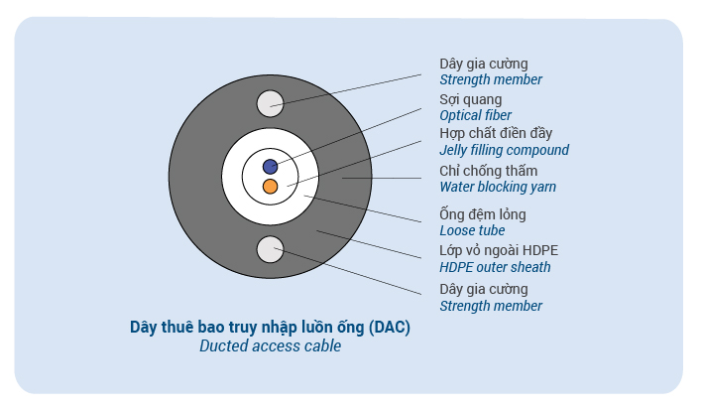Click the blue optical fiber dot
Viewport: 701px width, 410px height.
tap(270, 167)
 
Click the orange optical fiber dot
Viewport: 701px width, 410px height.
tap(270, 187)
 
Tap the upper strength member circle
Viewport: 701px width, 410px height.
tap(270, 104)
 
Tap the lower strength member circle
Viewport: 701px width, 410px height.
tap(270, 249)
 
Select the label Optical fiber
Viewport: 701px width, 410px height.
tap(475, 115)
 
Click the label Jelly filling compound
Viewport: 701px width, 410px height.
tap(505, 150)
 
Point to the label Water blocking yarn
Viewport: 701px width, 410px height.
tap(498, 187)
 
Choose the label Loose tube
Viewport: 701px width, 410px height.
tap(472, 230)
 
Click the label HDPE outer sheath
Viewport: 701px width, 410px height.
tap(495, 267)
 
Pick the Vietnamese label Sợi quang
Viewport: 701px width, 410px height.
tap(470, 100)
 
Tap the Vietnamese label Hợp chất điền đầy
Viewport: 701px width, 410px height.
tap(496, 133)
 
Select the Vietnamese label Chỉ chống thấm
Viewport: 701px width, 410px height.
tap(488, 171)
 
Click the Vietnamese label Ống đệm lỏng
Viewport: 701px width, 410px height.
tap(483, 214)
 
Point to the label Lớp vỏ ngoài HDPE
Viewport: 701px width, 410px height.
tap(499, 250)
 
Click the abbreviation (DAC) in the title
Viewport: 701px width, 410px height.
tap(390, 328)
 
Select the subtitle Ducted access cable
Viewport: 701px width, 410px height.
tap(270, 346)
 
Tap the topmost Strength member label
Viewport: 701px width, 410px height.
tap(491, 79)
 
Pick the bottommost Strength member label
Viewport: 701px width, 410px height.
tap(491, 306)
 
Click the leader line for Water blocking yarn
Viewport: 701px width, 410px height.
tap(382, 178)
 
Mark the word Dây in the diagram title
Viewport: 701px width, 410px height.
tap(144, 328)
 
